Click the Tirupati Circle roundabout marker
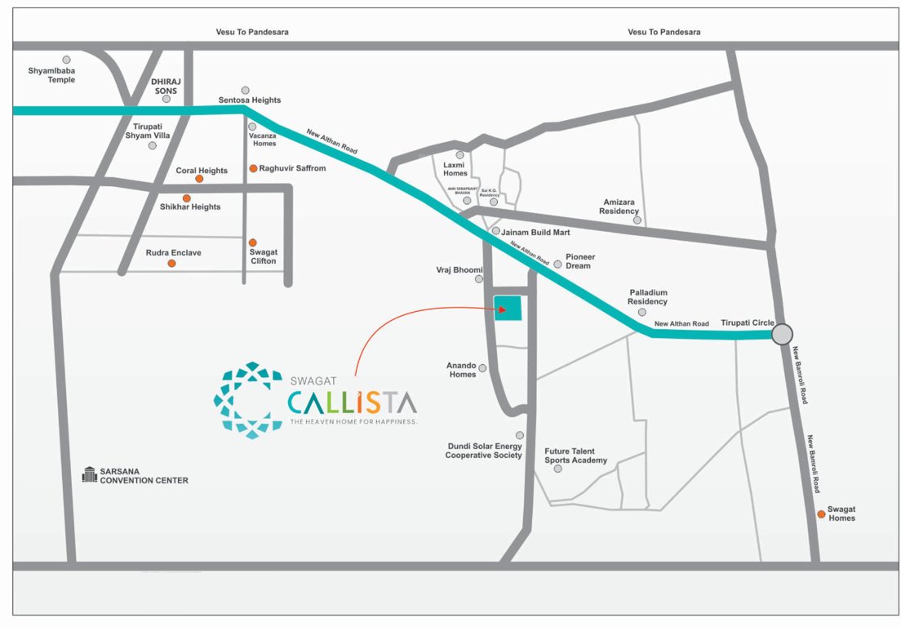pos(782,334)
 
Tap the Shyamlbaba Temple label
pos(51,75)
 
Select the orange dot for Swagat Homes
pos(821,514)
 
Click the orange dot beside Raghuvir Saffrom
pos(253,168)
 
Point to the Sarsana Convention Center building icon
pos(90,474)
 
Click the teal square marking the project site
pos(508,308)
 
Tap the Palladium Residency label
pos(648,297)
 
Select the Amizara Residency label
pos(619,206)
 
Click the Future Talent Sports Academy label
pos(576,456)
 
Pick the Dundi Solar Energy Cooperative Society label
pos(483,451)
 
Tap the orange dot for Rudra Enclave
pos(171,263)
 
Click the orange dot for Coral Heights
pos(199,178)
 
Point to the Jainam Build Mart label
pos(535,233)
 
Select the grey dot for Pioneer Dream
pos(558,264)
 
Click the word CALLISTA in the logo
pos(353,402)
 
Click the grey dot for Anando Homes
pos(482,368)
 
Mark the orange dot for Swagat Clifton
pos(253,242)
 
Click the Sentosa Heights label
pos(250,100)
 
